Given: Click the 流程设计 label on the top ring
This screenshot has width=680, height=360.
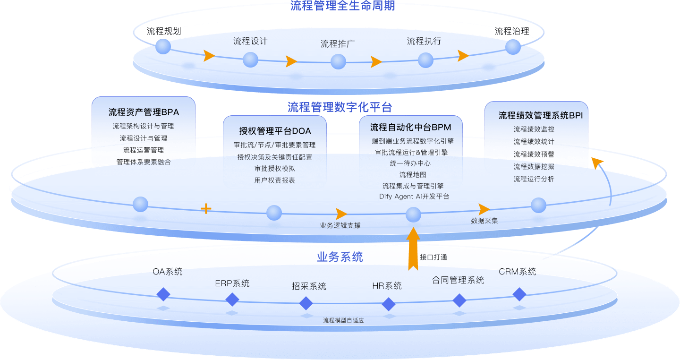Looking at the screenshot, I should (250, 42).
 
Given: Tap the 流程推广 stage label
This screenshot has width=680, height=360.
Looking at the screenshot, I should (338, 44).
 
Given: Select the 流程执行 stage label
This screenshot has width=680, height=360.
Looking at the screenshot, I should (424, 42).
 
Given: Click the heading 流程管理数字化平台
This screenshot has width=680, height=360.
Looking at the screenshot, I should (340, 107).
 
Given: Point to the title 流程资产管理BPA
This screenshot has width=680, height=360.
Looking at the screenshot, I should (144, 112).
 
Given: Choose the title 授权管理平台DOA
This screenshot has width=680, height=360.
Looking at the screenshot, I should (275, 131).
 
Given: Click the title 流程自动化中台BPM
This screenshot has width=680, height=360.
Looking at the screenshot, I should (410, 127).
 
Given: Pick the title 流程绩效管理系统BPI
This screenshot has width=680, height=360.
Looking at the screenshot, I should (537, 116).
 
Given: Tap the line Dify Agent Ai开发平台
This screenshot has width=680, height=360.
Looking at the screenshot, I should (414, 197).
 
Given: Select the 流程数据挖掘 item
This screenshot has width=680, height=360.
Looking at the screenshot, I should (534, 167).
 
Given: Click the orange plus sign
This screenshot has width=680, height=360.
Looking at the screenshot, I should (206, 208).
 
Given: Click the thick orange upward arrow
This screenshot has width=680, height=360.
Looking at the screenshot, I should (413, 248).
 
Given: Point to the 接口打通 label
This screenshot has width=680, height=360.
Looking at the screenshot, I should (433, 257).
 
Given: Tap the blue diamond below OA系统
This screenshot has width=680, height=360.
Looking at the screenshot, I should (163, 294).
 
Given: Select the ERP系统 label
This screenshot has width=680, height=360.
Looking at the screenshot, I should (232, 283).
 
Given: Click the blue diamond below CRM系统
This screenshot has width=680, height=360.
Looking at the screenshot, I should (519, 294).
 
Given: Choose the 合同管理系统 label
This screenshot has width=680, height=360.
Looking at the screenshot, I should (458, 280).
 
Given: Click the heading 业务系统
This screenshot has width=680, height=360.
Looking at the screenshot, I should (340, 257).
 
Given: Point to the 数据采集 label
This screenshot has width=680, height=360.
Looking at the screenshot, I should (484, 221).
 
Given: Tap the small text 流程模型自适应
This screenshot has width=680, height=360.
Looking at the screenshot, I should (343, 320).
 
